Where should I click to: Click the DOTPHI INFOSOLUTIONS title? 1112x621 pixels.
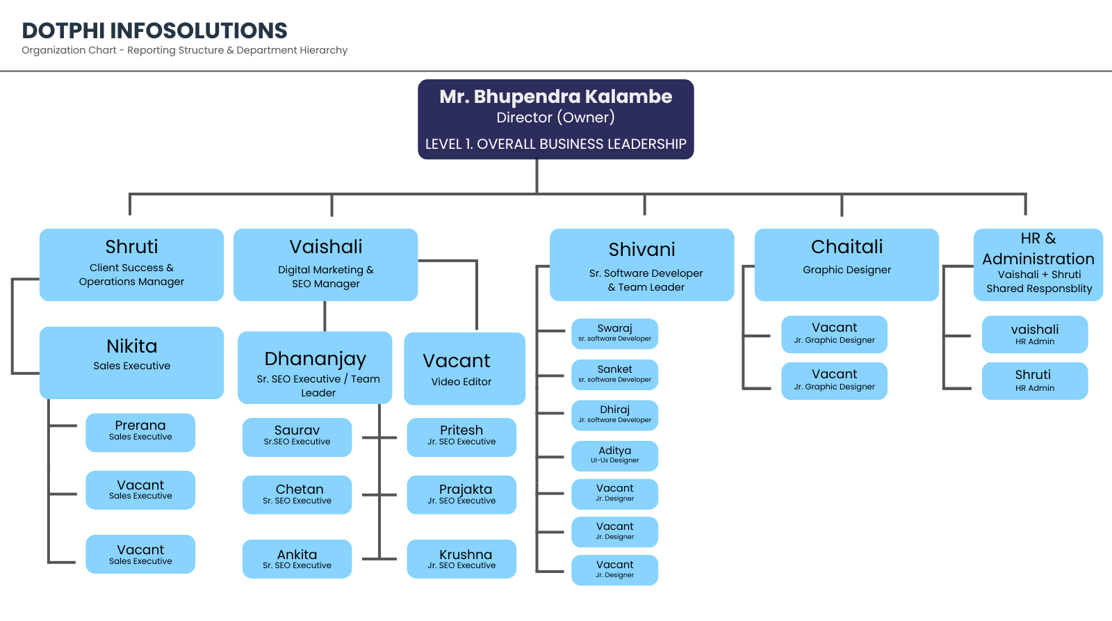coord(154,31)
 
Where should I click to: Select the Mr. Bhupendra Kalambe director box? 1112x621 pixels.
coord(555,119)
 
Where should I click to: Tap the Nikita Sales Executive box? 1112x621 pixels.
coord(131,363)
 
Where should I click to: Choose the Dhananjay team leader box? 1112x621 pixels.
coord(315,368)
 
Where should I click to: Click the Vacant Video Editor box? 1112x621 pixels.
coord(465,369)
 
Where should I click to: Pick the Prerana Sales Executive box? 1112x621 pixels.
coord(140,433)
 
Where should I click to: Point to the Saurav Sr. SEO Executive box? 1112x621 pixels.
coord(297,437)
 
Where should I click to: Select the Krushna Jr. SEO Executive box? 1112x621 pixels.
coord(461,559)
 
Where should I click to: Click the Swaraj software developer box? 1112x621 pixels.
coord(614,334)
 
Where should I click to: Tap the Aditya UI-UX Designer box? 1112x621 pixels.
coord(614,456)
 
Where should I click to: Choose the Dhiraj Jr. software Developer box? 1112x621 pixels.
coord(614,415)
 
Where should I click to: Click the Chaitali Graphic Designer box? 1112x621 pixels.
coord(847,265)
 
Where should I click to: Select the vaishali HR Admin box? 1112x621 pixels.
coord(1035,334)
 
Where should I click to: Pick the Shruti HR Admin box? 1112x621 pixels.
coord(1035,381)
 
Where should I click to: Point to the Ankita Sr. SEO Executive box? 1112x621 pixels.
coord(297,559)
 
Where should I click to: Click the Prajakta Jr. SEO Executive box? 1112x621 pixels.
coord(461,495)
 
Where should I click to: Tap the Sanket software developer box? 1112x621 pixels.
coord(614,375)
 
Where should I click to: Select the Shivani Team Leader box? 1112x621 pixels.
coord(642,265)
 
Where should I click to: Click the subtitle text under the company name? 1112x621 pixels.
coord(185,50)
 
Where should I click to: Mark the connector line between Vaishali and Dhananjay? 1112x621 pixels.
coord(325,316)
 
